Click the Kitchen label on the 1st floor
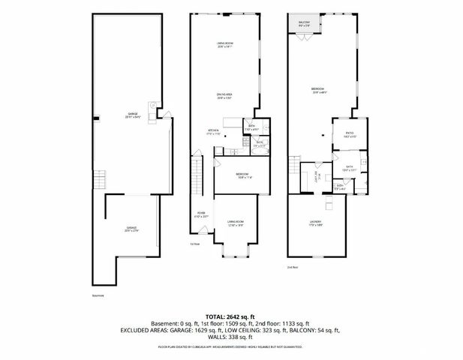[213, 131]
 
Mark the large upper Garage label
[133, 116]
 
